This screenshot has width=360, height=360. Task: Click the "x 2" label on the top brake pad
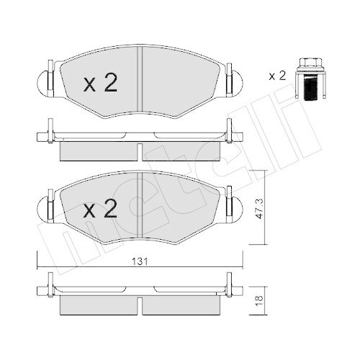(x=100, y=84)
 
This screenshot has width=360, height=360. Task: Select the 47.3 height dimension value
(x=268, y=210)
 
